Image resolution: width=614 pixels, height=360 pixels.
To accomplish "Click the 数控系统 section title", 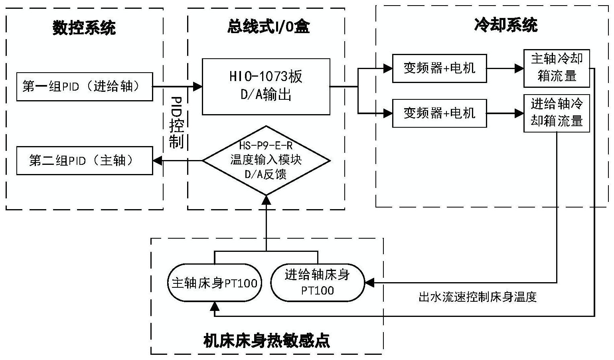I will pyautogui.click(x=84, y=28).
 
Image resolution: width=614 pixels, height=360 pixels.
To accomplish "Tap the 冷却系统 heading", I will pyautogui.click(x=505, y=25).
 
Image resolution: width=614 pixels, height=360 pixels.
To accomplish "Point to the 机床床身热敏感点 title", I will pyautogui.click(x=267, y=340).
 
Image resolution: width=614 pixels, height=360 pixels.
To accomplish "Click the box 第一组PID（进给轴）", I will pyautogui.click(x=84, y=87).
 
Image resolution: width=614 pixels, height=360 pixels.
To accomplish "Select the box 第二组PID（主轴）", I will pyautogui.click(x=84, y=160).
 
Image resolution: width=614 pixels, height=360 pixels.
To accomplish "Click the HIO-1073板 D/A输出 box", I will pyautogui.click(x=266, y=87).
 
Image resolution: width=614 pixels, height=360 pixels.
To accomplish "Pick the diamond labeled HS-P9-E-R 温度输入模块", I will pyautogui.click(x=266, y=160).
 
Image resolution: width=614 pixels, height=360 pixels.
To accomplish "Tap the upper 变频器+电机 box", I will pyautogui.click(x=439, y=68).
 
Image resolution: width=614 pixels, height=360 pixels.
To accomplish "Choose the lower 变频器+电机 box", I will pyautogui.click(x=439, y=113).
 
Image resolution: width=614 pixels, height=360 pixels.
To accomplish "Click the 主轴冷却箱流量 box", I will pyautogui.click(x=557, y=68).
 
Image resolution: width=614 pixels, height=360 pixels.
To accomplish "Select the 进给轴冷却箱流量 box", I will pyautogui.click(x=557, y=113).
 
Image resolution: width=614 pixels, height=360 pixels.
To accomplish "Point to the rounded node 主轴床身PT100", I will pyautogui.click(x=214, y=283).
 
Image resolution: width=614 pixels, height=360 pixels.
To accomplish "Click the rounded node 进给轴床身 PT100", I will pyautogui.click(x=317, y=283).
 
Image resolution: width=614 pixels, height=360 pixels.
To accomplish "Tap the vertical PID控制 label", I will pyautogui.click(x=176, y=122).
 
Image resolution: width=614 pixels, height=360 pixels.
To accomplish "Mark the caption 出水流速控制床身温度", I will pyautogui.click(x=478, y=297).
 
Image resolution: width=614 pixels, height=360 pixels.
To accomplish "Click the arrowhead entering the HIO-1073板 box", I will pyautogui.click(x=198, y=86).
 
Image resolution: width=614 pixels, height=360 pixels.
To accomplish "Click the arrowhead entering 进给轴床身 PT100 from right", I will pyautogui.click(x=369, y=283).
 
